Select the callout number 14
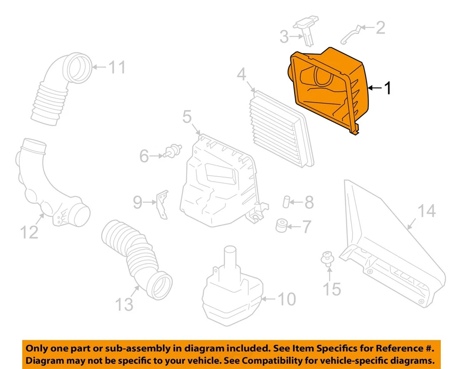point(427,211)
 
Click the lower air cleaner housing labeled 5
point(219,181)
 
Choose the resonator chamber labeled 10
point(231,289)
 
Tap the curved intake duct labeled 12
point(53,188)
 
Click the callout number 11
point(116,67)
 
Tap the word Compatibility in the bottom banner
point(277,361)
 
